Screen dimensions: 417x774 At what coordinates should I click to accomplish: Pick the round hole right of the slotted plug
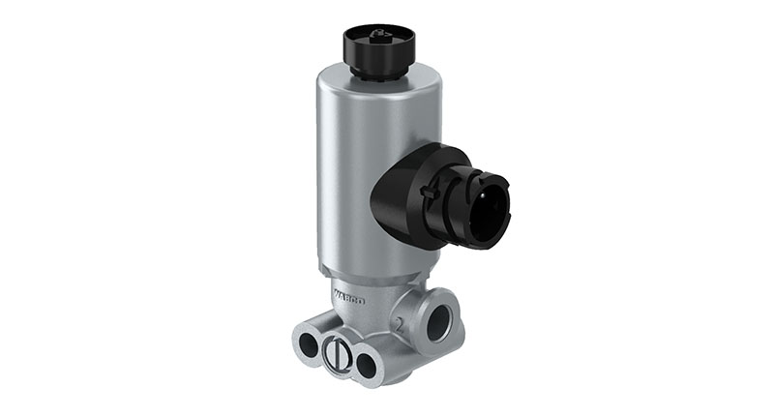(x=367, y=364)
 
